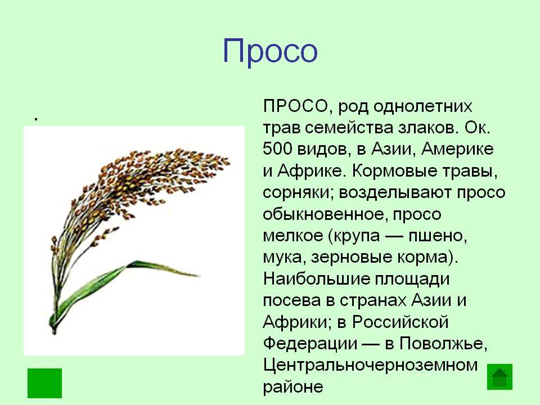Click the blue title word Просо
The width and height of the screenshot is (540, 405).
coord(270,52)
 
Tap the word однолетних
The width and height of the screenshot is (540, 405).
coord(422,106)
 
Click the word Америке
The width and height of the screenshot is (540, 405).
coord(457,150)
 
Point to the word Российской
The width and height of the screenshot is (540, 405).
coord(400,322)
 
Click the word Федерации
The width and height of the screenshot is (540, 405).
coord(310,344)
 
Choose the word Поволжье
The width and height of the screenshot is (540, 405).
coord(443,344)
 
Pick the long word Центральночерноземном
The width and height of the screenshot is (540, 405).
coord(370,365)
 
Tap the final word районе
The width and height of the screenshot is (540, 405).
coord(292,387)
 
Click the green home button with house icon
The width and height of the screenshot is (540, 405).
coord(499,377)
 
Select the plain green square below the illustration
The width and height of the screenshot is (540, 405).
coord(45,383)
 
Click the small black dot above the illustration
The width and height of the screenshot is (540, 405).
coord(35,119)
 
